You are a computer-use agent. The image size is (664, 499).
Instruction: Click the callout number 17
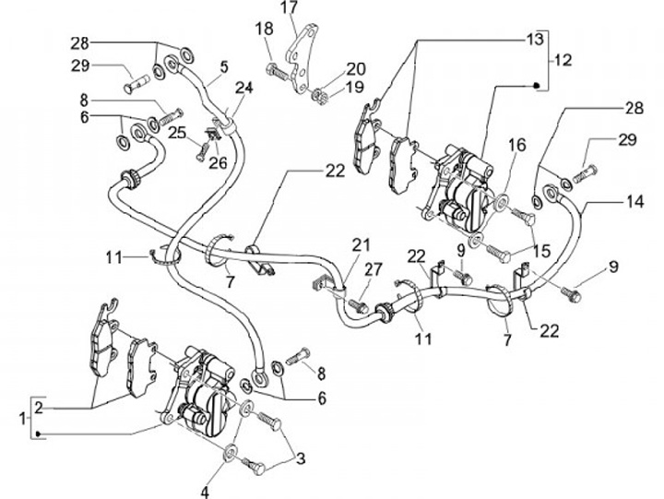(x=290, y=8)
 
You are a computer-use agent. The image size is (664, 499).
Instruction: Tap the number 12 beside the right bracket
(x=563, y=60)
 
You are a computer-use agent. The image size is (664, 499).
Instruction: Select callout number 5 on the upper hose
(x=224, y=66)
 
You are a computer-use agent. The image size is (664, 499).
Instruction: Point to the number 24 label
(x=243, y=88)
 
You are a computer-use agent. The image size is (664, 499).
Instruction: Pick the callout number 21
(x=361, y=245)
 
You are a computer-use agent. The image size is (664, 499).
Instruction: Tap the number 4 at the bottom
(x=205, y=492)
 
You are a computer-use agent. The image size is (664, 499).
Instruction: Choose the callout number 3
(x=301, y=458)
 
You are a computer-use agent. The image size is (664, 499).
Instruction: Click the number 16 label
(x=516, y=145)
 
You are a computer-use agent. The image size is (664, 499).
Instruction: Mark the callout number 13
(x=534, y=40)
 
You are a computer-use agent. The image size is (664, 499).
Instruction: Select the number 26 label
(x=218, y=162)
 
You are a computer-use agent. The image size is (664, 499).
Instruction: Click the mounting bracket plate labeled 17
(x=302, y=59)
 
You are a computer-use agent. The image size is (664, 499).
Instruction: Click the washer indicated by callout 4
(x=231, y=452)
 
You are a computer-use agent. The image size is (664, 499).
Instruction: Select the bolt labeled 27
(x=359, y=305)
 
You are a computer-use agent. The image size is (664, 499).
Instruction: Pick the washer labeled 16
(x=502, y=201)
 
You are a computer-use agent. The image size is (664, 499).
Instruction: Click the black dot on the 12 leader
(x=536, y=85)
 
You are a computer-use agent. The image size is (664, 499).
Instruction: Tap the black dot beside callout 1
(x=38, y=434)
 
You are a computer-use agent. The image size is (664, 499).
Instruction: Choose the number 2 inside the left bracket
(x=39, y=408)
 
